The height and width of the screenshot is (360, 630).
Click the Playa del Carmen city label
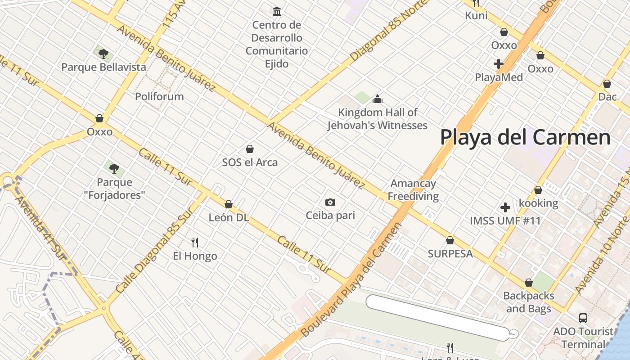(525, 137)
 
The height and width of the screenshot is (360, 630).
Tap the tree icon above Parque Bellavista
(103, 54)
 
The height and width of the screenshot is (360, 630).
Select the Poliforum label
(159, 96)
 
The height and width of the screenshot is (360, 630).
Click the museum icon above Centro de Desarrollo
(277, 11)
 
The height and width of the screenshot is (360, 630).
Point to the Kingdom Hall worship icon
(377, 99)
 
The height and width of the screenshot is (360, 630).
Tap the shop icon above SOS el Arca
(250, 149)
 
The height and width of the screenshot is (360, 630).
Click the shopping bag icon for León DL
(228, 204)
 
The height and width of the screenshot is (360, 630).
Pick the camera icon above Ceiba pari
(330, 202)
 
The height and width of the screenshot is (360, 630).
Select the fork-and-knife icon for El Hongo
(195, 243)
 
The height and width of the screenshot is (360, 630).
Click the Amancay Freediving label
(413, 190)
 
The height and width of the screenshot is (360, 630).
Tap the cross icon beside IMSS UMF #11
(505, 207)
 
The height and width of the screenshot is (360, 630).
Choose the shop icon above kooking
(538, 190)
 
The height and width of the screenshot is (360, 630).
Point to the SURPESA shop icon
(450, 240)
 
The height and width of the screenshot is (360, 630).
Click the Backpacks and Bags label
(528, 302)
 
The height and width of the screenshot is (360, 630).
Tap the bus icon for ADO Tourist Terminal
(583, 318)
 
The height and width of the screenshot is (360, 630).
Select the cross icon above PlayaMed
(498, 64)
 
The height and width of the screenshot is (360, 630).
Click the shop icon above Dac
(607, 84)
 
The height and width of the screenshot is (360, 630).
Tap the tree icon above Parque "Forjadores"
(114, 169)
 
